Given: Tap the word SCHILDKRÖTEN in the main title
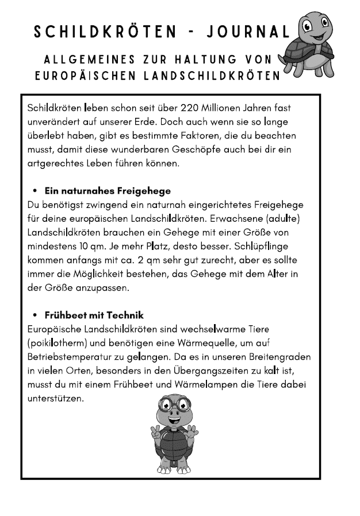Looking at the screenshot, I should pyautogui.click(x=106, y=32).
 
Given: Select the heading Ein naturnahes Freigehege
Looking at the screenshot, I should pyautogui.click(x=108, y=191).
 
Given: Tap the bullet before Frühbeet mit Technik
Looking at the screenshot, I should pyautogui.click(x=35, y=315).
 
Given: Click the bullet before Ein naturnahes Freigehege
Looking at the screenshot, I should pyautogui.click(x=35, y=191).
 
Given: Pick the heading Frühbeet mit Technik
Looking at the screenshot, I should pyautogui.click(x=94, y=315).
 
